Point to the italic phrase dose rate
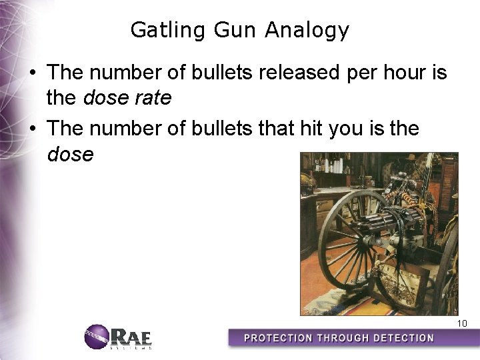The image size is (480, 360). click(x=127, y=99)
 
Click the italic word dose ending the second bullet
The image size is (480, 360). click(x=71, y=154)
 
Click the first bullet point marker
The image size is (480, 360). click(x=33, y=73)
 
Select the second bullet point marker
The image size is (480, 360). click(x=33, y=128)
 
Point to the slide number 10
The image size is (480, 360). click(x=462, y=323)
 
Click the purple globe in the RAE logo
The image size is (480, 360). click(x=95, y=336)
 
